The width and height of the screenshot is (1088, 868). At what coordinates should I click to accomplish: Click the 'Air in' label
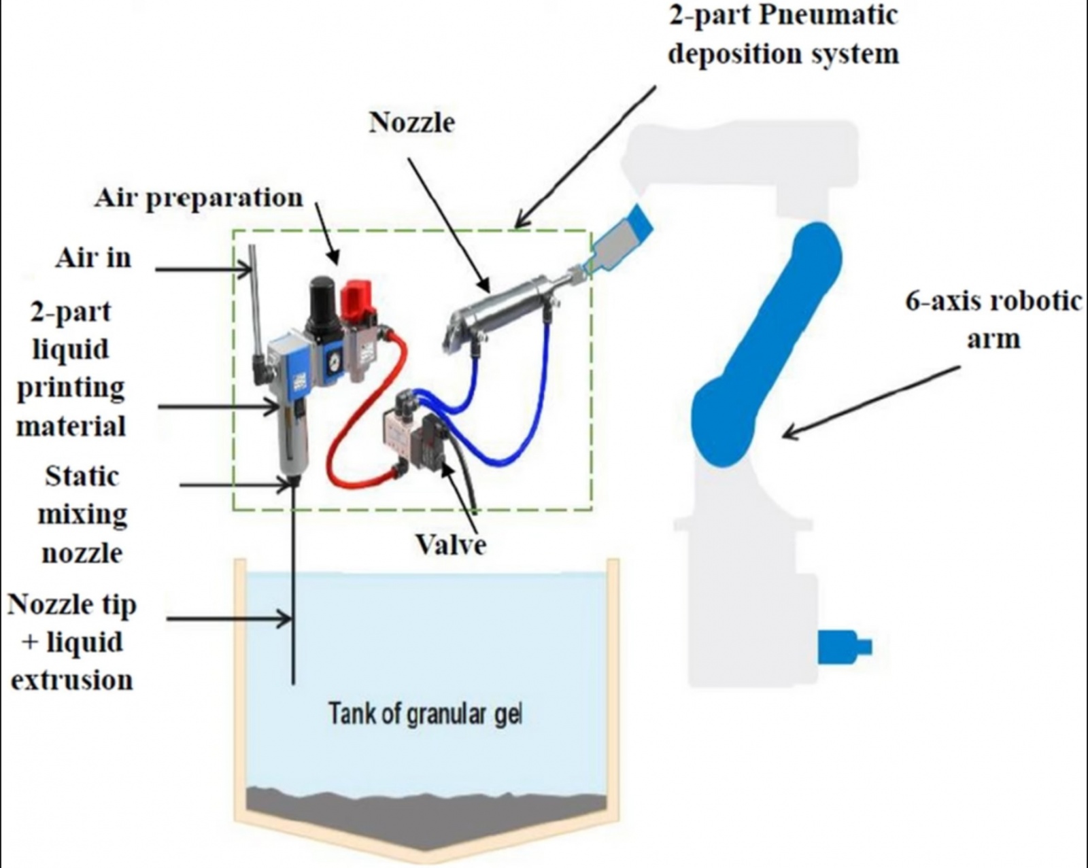[93, 258]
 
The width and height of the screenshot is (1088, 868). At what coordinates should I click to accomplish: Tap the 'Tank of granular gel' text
[425, 714]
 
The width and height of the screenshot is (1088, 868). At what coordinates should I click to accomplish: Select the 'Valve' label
[451, 544]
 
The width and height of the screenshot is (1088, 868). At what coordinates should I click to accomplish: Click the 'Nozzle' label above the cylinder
[412, 122]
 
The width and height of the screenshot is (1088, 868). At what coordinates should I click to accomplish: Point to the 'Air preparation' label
[199, 198]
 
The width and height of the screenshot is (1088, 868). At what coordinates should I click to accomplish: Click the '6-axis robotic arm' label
[992, 319]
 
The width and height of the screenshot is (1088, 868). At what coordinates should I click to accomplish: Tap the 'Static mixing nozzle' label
[82, 515]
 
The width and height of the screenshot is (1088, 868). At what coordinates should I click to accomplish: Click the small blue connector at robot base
[843, 646]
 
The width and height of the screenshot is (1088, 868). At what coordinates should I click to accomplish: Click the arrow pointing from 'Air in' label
[204, 270]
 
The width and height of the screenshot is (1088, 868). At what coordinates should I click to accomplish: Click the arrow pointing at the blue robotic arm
[870, 401]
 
